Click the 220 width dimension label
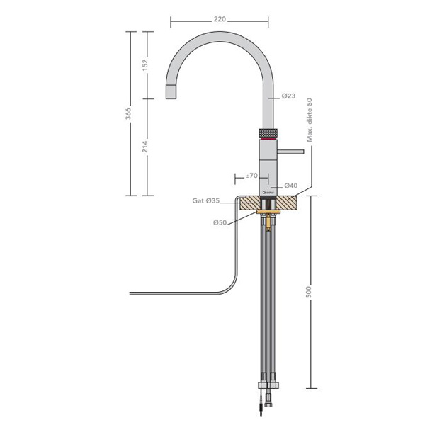pos(220,19)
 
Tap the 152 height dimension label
pos(145,65)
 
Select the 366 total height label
pos(128,114)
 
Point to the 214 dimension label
pos(145,147)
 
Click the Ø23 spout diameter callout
pos(288,96)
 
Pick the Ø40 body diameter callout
pos(291,186)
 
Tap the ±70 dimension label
pos(251,176)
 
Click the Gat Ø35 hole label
pos(206,201)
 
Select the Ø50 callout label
pos(220,222)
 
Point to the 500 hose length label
pos(308,292)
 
